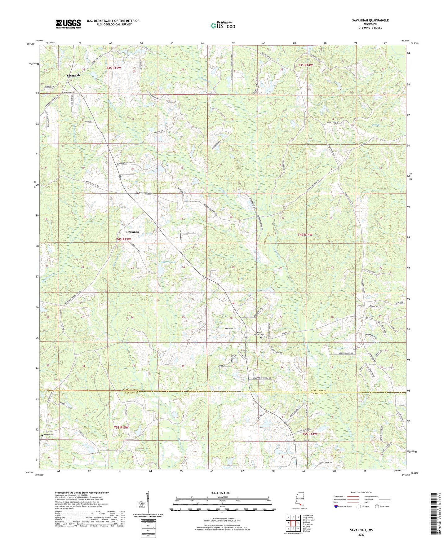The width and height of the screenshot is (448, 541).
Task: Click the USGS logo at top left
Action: pos(68,24)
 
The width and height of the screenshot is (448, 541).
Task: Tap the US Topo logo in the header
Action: pos(222,25)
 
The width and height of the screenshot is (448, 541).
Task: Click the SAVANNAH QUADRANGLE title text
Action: pos(370,20)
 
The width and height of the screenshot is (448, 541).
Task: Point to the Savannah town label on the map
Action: pos(73,75)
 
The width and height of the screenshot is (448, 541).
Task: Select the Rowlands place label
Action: pos(132,232)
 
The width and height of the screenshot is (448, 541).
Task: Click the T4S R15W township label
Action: pos(123,239)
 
